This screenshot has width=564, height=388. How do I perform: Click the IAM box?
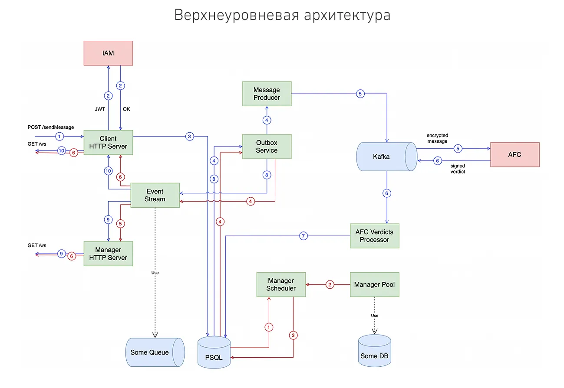click(108, 53)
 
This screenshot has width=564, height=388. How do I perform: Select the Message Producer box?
click(267, 94)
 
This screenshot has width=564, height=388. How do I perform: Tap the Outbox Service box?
click(267, 147)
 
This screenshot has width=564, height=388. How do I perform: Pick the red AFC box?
click(515, 155)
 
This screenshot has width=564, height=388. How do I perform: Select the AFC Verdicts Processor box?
click(374, 236)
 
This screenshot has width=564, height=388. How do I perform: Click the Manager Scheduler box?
click(281, 284)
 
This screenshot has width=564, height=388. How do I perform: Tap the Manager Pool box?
click(374, 284)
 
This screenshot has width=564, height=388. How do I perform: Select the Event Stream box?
click(155, 195)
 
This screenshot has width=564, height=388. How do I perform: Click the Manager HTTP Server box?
click(108, 254)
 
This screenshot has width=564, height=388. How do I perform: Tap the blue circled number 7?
click(303, 236)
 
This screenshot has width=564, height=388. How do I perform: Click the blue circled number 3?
click(189, 136)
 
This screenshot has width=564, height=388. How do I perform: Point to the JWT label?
click(100, 109)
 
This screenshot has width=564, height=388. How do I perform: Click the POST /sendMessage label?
click(51, 127)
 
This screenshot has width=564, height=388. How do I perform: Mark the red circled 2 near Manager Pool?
click(330, 285)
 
